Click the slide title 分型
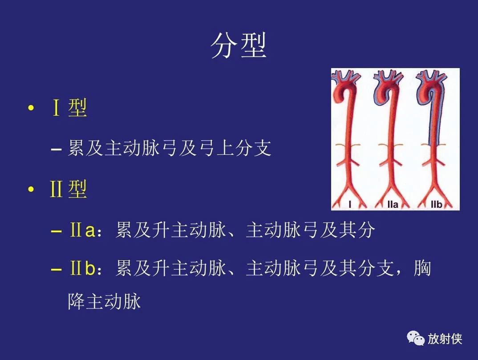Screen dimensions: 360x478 coord(239,45)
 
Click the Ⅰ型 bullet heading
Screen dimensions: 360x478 coord(69,108)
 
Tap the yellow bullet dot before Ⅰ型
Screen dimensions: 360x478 coord(31,109)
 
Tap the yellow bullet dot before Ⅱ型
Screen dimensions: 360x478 coord(31,190)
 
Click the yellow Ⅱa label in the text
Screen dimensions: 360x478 coord(83,231)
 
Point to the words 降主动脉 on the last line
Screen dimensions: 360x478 coord(104,301)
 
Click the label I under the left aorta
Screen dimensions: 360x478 coord(350,204)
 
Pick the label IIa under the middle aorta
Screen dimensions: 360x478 coord(392,204)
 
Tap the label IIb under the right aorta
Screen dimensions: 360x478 coord(436,204)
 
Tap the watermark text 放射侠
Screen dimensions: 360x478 coord(445,339)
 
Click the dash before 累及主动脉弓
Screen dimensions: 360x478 coord(56,149)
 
